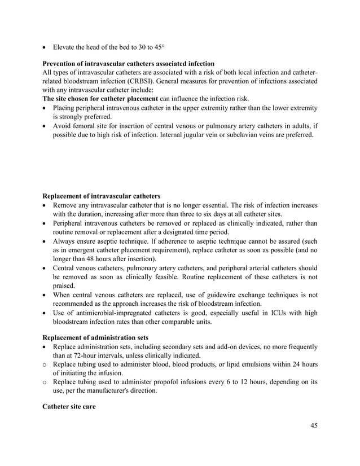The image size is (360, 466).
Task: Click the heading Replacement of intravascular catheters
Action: [x=101, y=196]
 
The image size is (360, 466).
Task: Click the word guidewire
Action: [x=210, y=294]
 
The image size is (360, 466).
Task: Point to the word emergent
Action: [x=77, y=249]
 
